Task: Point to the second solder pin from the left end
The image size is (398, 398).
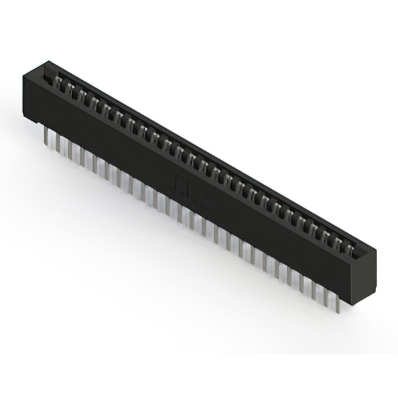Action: click(x=58, y=144)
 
